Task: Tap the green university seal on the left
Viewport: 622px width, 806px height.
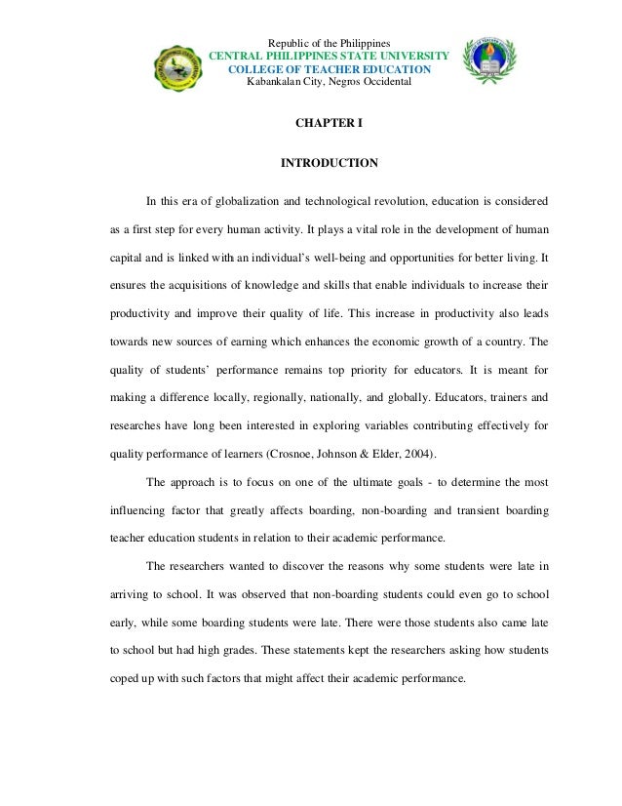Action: pyautogui.click(x=183, y=72)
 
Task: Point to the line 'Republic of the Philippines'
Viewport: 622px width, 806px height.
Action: pyautogui.click(x=329, y=44)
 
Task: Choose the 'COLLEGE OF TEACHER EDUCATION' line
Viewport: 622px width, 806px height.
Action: pyautogui.click(x=329, y=69)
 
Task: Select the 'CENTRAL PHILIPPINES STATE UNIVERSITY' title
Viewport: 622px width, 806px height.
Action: pyautogui.click(x=329, y=57)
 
